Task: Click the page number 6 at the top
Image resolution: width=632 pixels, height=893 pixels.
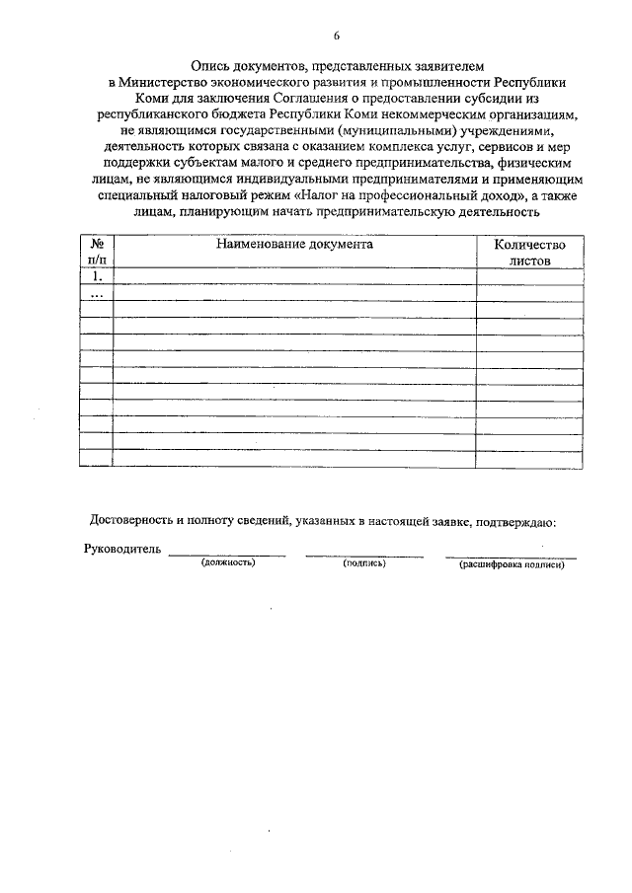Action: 336,37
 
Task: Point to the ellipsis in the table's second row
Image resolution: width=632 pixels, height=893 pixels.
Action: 97,293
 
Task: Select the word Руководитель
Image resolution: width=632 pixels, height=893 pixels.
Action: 122,550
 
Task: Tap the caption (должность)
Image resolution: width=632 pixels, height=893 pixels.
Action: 227,562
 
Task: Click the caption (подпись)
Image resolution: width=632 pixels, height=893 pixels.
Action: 363,562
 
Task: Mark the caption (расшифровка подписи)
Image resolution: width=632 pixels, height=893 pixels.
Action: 511,563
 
